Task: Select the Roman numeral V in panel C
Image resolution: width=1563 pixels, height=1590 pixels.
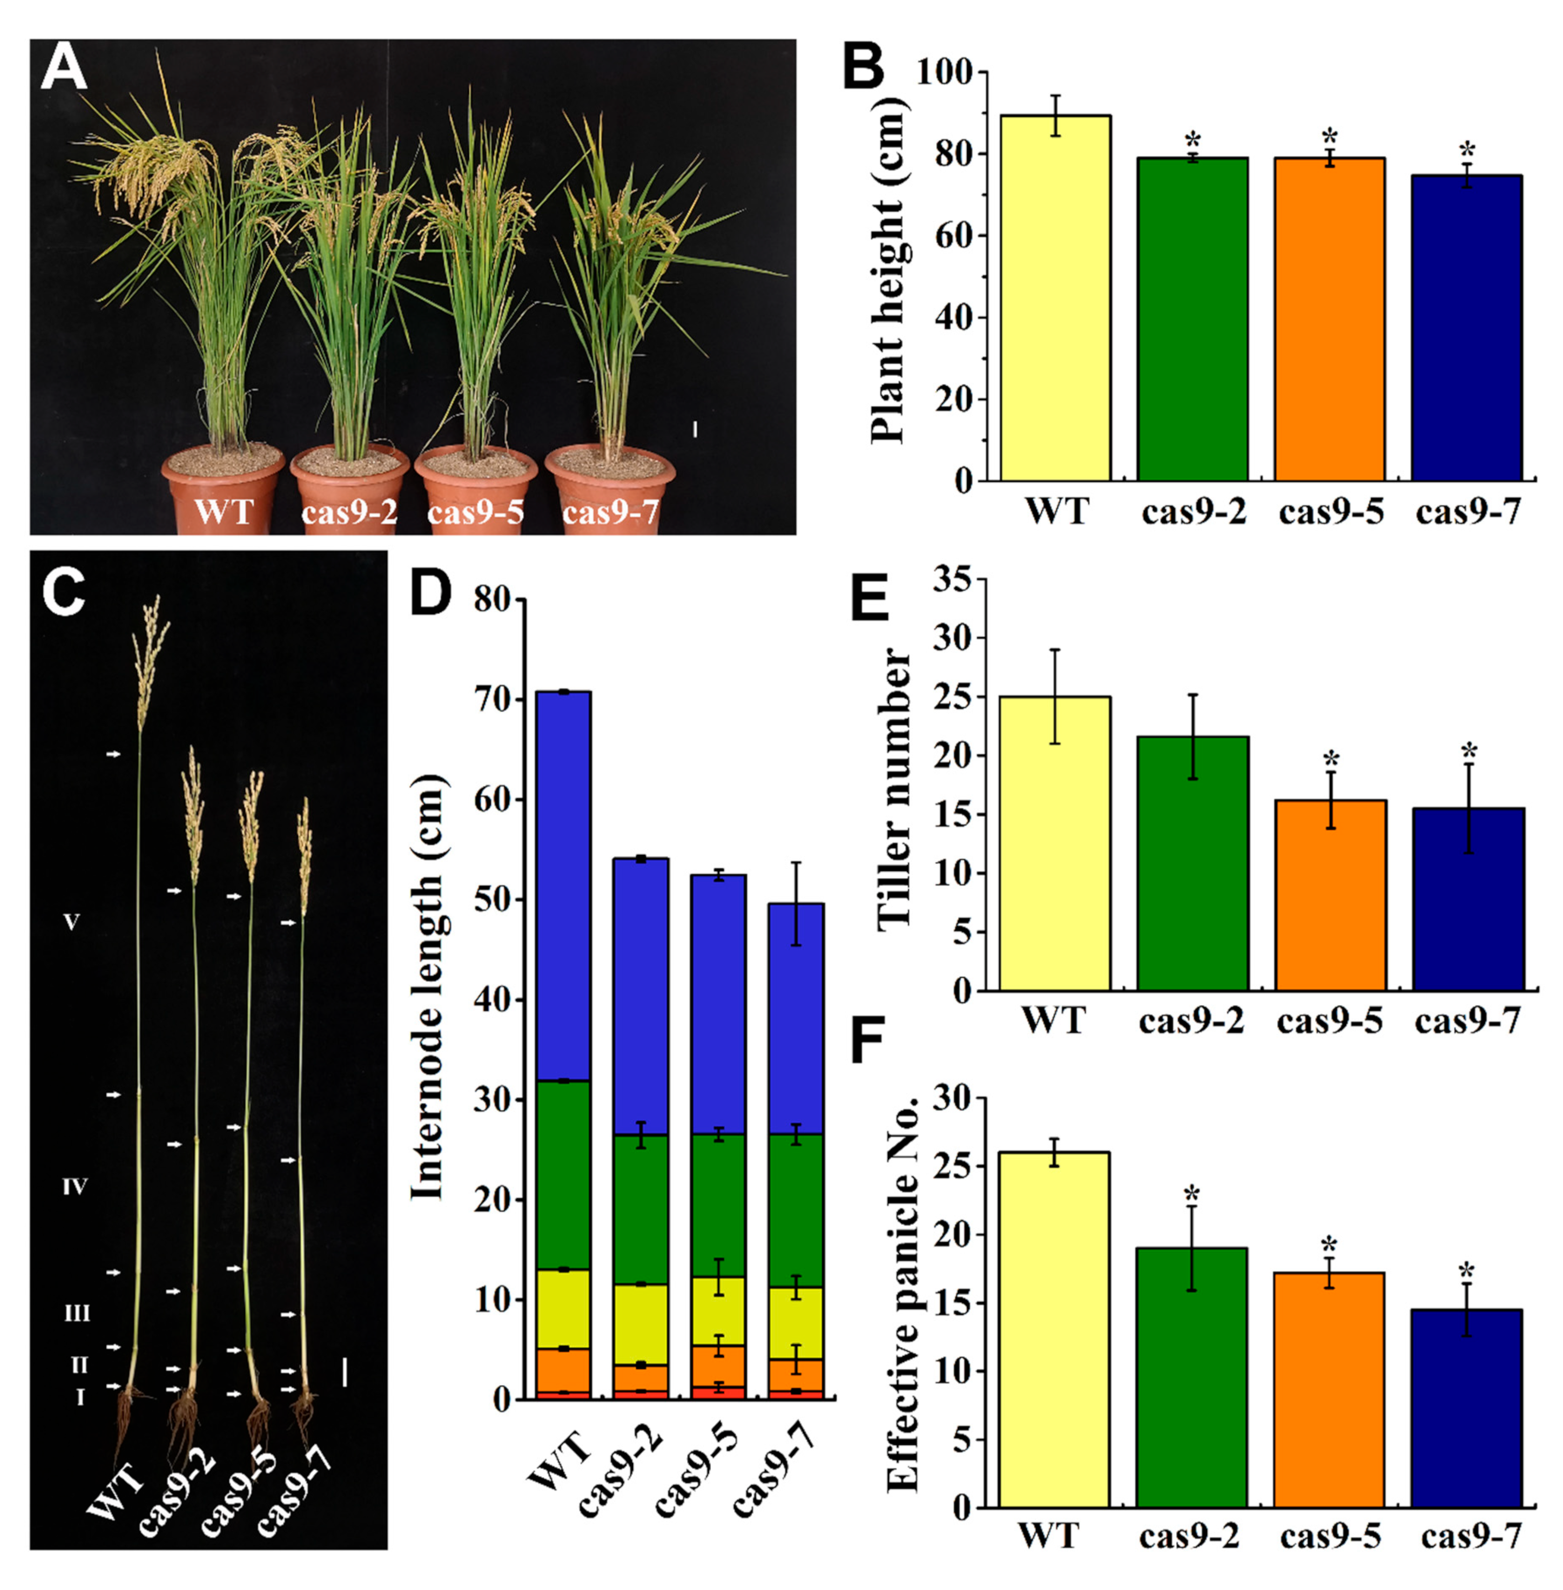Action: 72,923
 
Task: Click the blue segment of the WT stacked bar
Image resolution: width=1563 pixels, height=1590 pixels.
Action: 562,886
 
